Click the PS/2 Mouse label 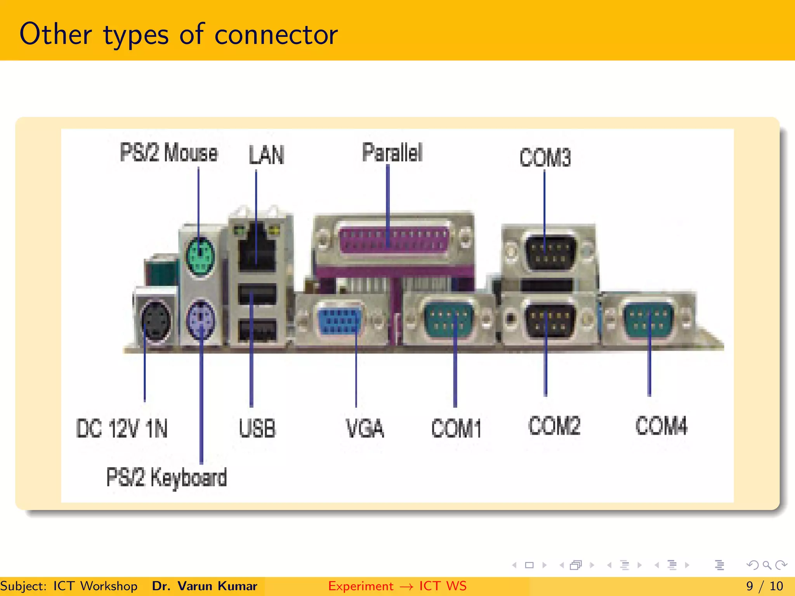(169, 152)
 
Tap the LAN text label (266, 155)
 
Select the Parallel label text (392, 152)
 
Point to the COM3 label (545, 158)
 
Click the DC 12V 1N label (122, 429)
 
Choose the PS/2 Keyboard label (167, 477)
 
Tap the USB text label (257, 429)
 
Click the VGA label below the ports (365, 429)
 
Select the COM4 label (661, 426)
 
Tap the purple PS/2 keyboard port (200, 320)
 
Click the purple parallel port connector (393, 240)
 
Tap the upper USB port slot (257, 294)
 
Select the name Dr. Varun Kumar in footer (205, 586)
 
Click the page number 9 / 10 (764, 586)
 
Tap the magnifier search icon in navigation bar (767, 565)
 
